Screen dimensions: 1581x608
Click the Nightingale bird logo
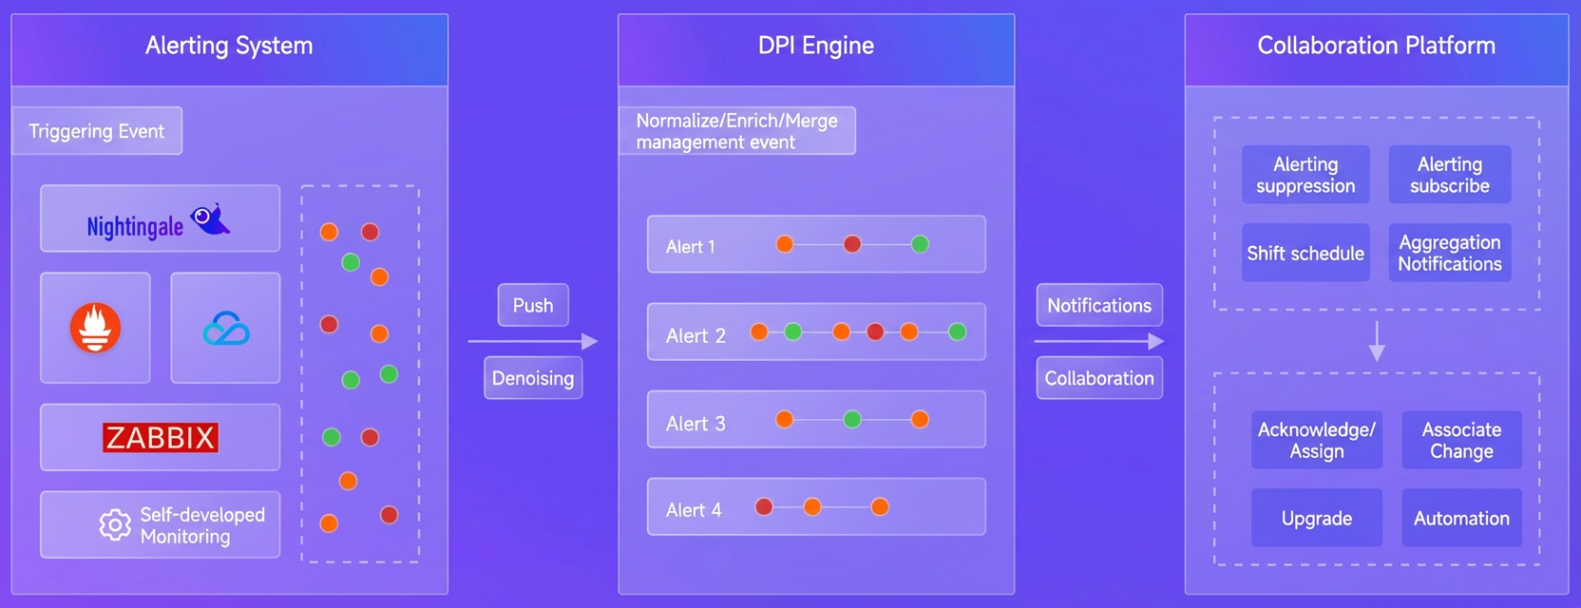tap(210, 218)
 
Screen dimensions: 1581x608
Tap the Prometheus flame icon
tap(95, 328)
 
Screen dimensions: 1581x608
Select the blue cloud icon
tap(226, 329)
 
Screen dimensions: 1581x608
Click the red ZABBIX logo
tap(161, 437)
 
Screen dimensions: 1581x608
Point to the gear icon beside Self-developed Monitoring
tap(115, 524)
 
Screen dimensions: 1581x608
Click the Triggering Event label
tap(97, 131)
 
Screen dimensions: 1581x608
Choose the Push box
tap(533, 305)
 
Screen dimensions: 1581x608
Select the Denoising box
tap(533, 378)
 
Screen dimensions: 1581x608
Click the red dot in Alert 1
tap(852, 244)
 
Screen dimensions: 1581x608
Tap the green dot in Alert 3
tap(852, 420)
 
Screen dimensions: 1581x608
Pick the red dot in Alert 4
tap(764, 506)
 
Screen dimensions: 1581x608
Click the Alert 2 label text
tap(695, 335)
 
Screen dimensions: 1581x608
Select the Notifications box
tap(1099, 305)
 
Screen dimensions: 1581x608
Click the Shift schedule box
tap(1305, 253)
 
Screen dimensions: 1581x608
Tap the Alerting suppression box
tap(1305, 175)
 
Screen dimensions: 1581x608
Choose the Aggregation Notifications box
tap(1450, 253)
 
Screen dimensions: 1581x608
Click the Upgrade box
tap(1317, 518)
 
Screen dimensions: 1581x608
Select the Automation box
tap(1461, 518)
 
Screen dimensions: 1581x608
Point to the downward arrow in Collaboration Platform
tap(1377, 342)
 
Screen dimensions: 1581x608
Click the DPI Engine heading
tap(816, 46)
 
